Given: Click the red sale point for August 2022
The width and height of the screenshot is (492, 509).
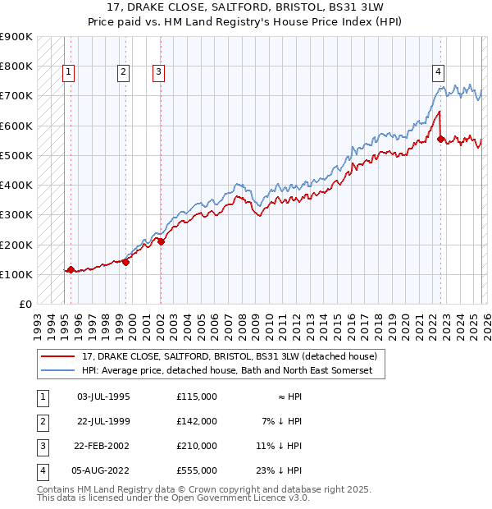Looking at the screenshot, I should [x=441, y=140].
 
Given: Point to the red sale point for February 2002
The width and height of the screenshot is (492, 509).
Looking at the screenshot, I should [x=162, y=241].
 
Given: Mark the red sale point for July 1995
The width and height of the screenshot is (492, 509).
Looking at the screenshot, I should [x=71, y=269].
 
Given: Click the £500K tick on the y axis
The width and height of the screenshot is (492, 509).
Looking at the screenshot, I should [x=16, y=155].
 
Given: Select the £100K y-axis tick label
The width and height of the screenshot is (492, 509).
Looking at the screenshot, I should [x=16, y=274].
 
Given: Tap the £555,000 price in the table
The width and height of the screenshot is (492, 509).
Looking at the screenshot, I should [x=197, y=470].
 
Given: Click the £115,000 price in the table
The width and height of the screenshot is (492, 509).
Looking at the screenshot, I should [x=197, y=397].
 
